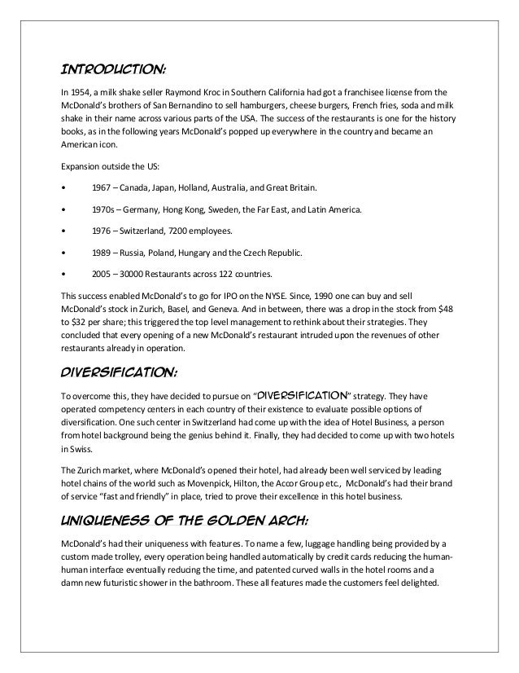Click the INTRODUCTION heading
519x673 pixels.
click(109, 67)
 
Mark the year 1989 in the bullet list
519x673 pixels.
click(104, 253)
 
